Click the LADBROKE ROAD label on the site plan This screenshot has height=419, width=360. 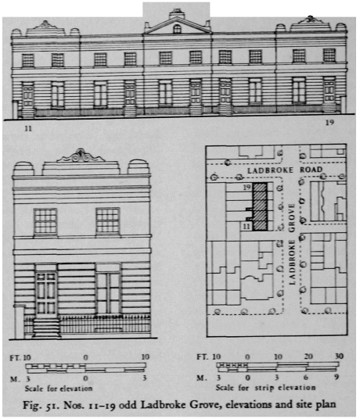coord(285,170)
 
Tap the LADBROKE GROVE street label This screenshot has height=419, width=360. coord(292,244)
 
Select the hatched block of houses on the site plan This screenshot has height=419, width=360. coord(260,206)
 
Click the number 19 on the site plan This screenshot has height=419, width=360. coord(247,188)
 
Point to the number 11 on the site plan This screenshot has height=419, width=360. coord(247,227)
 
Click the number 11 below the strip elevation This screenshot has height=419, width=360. coord(28,128)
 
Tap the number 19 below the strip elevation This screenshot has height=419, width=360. coord(329,123)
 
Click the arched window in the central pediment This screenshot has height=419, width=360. coord(177,29)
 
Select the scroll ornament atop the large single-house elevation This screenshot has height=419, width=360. coord(81,156)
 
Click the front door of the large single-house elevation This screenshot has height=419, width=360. coord(46,293)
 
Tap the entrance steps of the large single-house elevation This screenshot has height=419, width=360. coord(46,328)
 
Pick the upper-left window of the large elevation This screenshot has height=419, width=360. coord(45,222)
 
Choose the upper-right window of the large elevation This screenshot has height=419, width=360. coord(107,220)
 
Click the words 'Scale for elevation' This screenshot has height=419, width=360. coord(59,389)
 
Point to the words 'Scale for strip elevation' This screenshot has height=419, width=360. coord(265,388)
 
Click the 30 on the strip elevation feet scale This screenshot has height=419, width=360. coord(339,356)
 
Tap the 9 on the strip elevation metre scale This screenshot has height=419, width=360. coord(337,377)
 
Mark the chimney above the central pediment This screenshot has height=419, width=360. coord(177,13)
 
